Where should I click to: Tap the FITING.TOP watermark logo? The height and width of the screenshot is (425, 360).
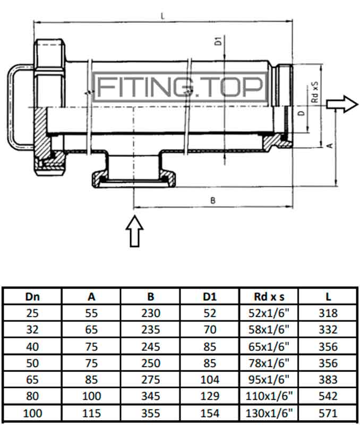[180, 87]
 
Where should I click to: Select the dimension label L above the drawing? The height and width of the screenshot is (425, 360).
[162, 16]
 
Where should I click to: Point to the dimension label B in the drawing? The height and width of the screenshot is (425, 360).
[212, 200]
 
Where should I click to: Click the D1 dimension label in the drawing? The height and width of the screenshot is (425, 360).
[218, 42]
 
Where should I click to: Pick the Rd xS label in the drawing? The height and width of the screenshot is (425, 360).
[314, 91]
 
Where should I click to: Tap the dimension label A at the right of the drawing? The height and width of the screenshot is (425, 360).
[330, 144]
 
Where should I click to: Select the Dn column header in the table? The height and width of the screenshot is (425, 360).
[32, 297]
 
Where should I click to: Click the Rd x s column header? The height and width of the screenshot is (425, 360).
[269, 297]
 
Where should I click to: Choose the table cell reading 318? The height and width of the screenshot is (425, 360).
[328, 313]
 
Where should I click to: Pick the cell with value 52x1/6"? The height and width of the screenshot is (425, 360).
[269, 313]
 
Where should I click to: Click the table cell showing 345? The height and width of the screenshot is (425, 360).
[150, 396]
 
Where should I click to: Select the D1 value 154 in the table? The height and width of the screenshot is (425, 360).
[210, 413]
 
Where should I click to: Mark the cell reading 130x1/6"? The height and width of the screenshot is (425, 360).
[269, 413]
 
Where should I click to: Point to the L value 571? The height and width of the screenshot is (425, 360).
[328, 413]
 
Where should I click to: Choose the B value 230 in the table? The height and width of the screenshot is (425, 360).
[150, 313]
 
